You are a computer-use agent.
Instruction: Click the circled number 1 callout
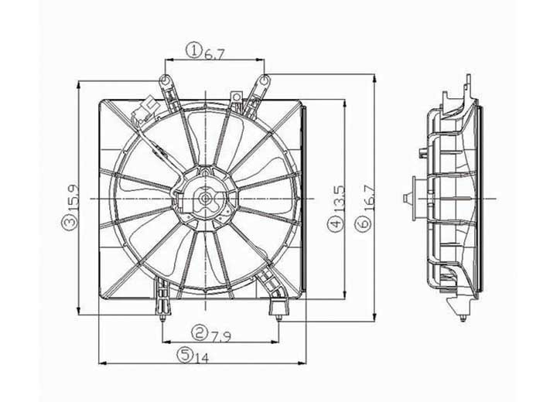(193, 52)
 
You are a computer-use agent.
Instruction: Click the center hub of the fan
(205, 199)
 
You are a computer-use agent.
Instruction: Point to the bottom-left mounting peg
(161, 313)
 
